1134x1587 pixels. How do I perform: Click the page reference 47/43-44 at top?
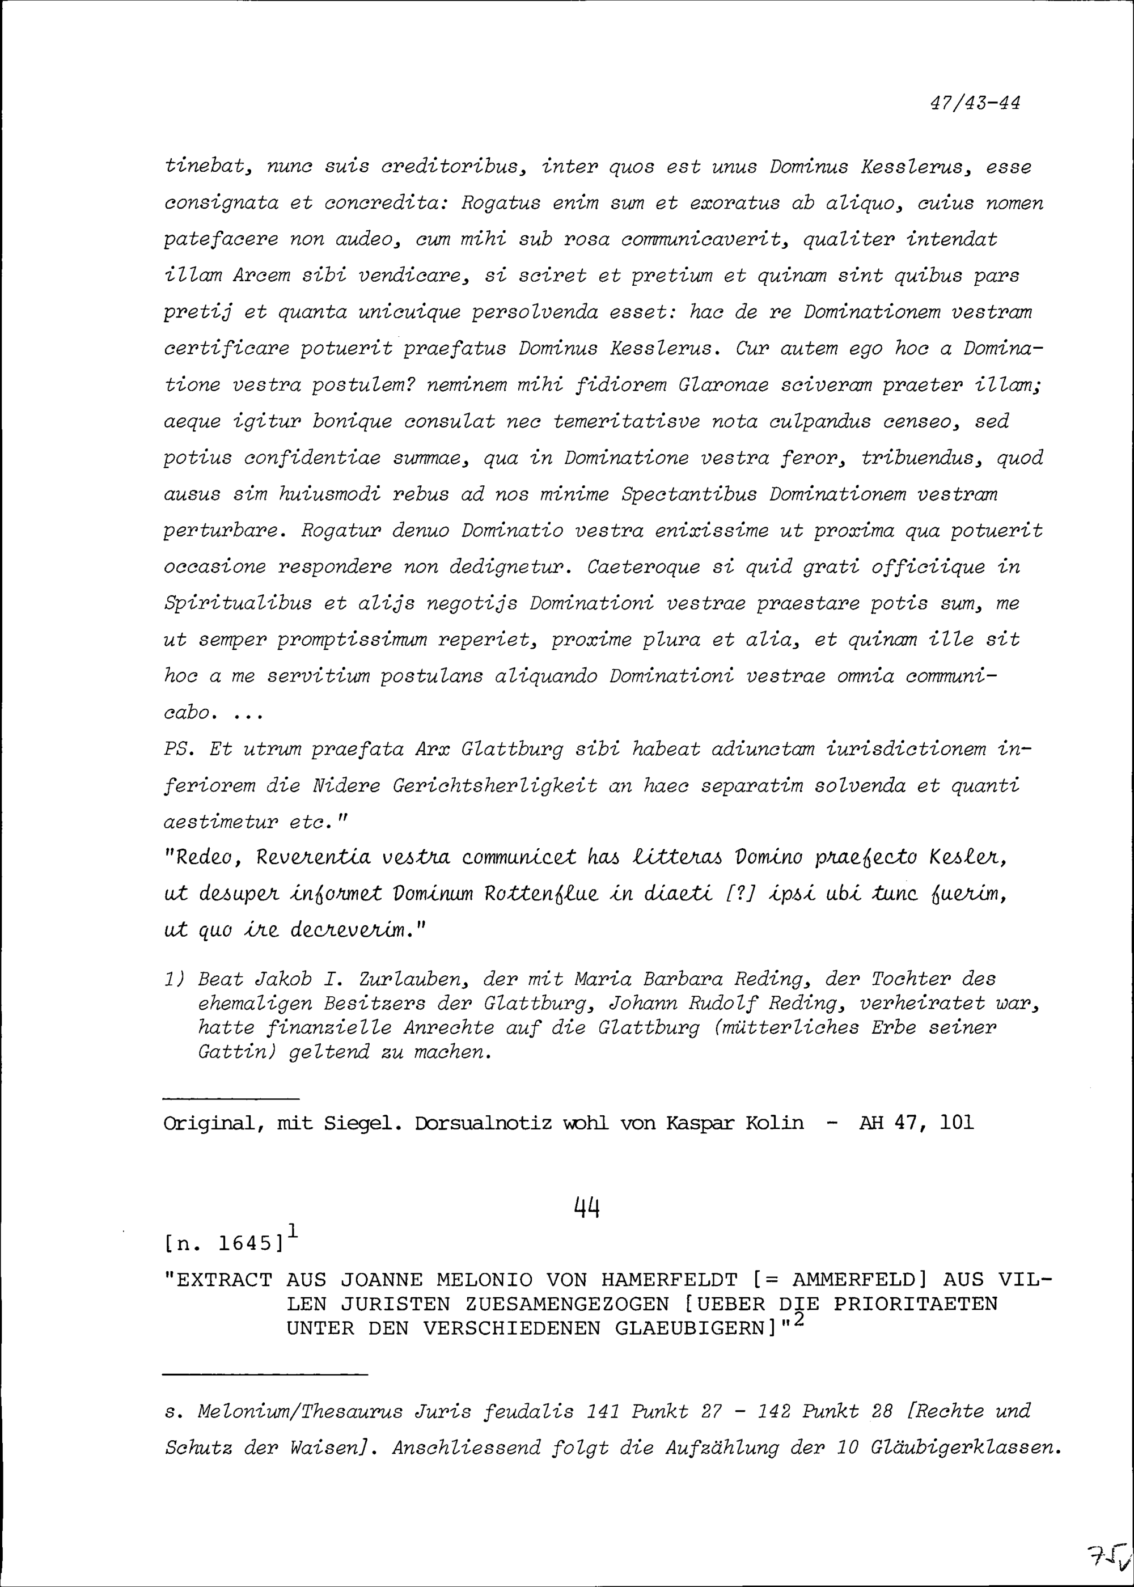click(975, 103)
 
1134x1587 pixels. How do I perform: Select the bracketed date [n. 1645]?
click(223, 1243)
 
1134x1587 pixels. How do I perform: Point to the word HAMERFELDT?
click(668, 1280)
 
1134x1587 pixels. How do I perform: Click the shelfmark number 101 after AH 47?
click(956, 1123)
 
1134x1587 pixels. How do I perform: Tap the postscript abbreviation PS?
click(177, 750)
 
